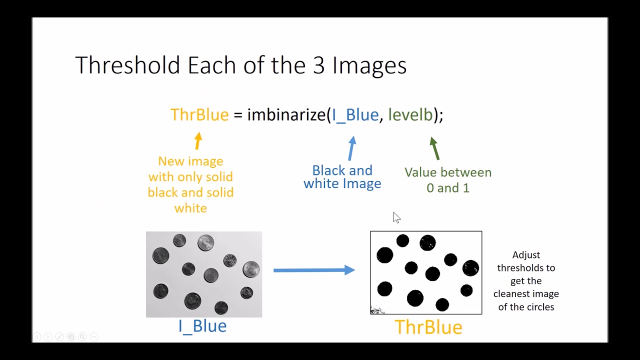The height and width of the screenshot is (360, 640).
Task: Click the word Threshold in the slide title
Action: click(x=127, y=65)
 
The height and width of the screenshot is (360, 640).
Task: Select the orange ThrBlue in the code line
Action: click(x=199, y=115)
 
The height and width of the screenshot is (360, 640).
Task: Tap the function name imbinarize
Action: click(x=286, y=115)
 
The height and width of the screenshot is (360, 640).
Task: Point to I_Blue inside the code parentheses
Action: click(x=355, y=115)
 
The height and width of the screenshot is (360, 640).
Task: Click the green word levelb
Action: click(x=410, y=115)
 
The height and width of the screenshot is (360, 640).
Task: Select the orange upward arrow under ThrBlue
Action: click(x=198, y=141)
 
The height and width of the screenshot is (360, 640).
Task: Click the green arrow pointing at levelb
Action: click(x=434, y=148)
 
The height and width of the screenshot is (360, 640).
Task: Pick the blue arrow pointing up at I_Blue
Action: click(x=352, y=148)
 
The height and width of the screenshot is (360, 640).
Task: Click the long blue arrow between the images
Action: click(x=314, y=270)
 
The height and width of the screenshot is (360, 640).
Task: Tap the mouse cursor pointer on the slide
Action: click(x=396, y=217)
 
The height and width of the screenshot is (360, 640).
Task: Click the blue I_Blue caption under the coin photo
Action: click(x=202, y=326)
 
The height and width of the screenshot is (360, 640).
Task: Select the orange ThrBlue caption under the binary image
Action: click(x=428, y=327)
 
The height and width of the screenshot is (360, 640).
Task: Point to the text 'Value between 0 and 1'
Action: click(x=448, y=180)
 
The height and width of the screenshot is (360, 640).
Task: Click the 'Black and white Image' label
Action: click(x=342, y=177)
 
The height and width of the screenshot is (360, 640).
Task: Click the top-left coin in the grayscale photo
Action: click(x=160, y=255)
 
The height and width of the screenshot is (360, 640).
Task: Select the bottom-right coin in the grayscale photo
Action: click(x=246, y=292)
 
